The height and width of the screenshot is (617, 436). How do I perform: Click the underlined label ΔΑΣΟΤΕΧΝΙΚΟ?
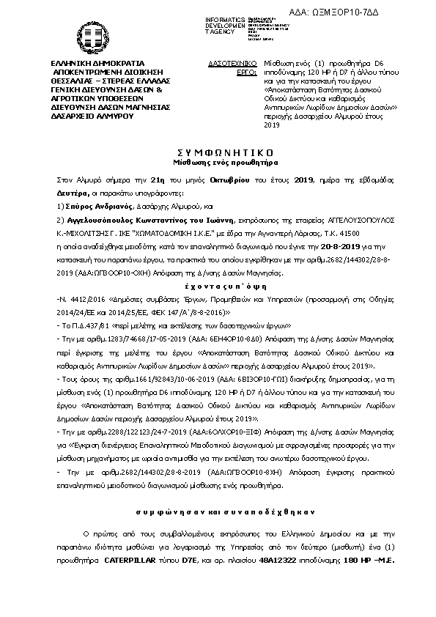pos(232,64)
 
